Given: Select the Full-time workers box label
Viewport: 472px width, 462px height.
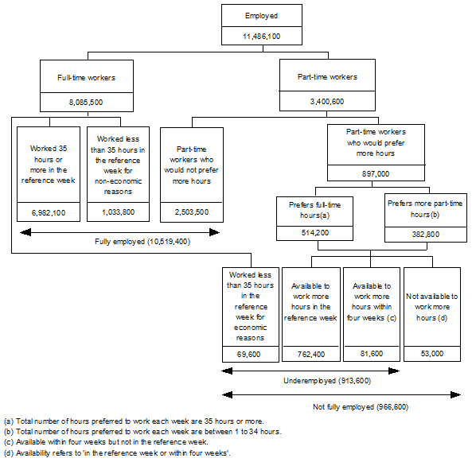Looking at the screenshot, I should pos(87,78).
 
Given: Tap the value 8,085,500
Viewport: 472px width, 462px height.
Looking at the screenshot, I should pos(87,103).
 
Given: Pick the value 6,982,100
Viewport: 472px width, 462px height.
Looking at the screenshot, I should pos(49,213).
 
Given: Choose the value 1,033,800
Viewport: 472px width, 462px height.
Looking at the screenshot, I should pos(117,213).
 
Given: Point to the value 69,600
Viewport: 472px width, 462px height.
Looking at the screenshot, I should pos(251,353).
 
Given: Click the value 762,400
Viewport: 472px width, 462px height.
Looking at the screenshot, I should pos(310,353).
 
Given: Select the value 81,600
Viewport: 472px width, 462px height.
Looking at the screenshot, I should pos(370,353).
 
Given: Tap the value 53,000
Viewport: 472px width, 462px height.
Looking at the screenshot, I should pos(431,353).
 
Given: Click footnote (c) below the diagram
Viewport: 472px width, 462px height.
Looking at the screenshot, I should pos(106,441).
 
